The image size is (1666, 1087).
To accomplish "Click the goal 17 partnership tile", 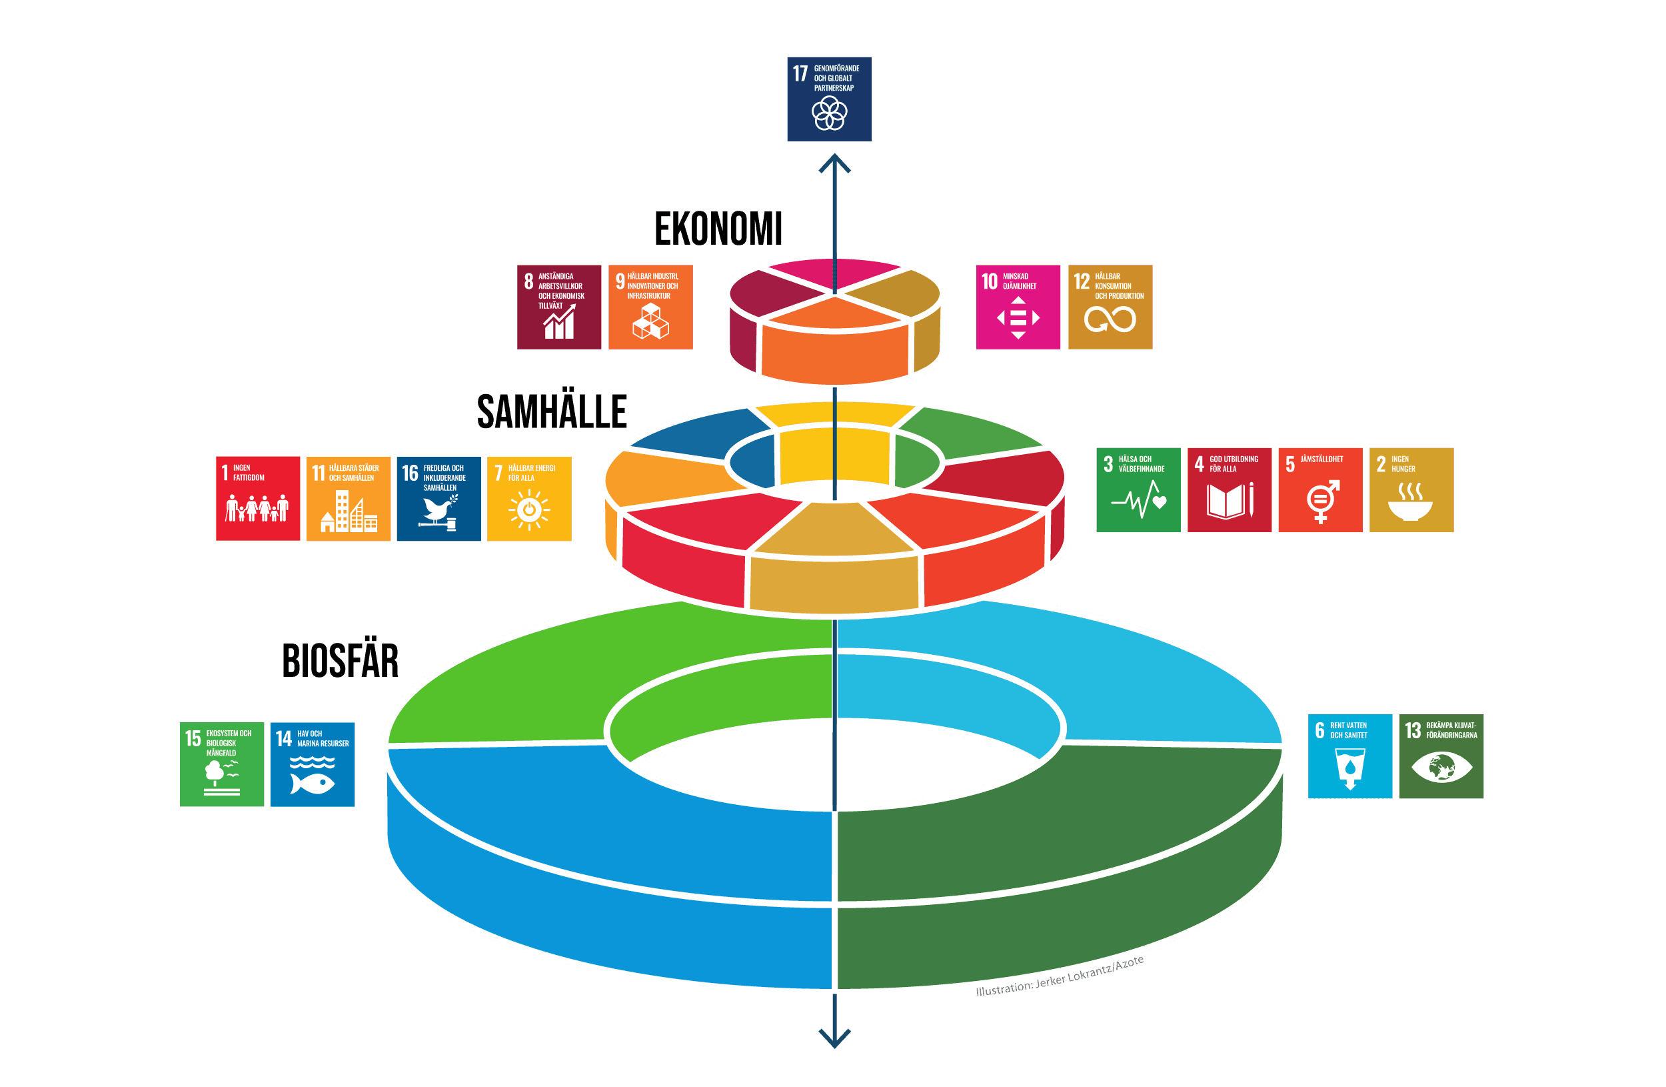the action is [829, 99].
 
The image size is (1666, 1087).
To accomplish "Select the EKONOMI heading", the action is [718, 228].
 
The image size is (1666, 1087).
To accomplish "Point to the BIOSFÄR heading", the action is [341, 660].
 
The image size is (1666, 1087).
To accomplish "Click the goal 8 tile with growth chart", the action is [558, 307].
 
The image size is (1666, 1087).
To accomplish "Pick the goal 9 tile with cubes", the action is [650, 307].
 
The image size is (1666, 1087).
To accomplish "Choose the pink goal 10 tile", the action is [1018, 307].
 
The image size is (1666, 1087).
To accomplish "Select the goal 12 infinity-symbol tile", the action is [1110, 307].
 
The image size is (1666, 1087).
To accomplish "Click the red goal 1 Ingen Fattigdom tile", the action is [258, 498].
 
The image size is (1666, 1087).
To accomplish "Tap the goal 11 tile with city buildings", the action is [349, 498].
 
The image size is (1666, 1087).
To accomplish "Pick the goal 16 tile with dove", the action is [439, 498].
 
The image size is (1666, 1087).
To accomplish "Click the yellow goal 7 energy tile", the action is [529, 498].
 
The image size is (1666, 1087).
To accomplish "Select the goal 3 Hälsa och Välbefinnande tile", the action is [1138, 489].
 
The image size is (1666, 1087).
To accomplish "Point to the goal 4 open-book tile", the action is [1230, 489].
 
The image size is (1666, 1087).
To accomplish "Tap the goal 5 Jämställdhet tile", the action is [1320, 489].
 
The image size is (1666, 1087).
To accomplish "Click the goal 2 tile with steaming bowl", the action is [1411, 489].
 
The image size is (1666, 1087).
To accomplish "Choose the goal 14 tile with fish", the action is [312, 764].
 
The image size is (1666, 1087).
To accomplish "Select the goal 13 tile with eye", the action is [1441, 756].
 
